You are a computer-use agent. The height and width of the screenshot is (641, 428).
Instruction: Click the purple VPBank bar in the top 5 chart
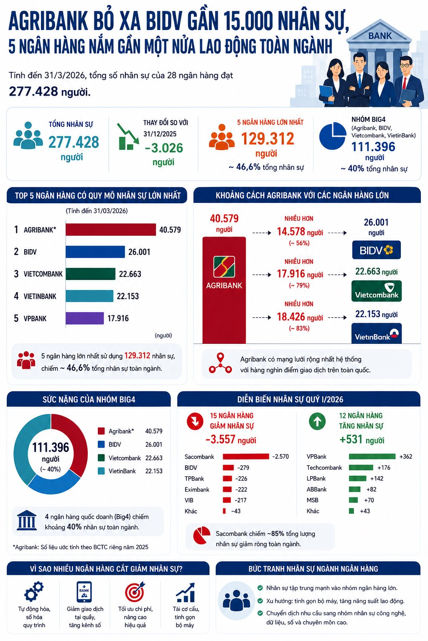coord(84,318)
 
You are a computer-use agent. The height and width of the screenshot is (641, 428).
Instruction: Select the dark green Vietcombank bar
coord(90,274)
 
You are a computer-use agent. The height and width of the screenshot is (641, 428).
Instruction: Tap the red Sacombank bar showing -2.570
coord(246,457)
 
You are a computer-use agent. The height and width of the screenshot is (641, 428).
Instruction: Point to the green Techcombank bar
coord(361,467)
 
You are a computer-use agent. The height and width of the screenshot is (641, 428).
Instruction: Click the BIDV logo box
coord(377,250)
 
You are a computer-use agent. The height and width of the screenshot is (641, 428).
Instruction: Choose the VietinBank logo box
coord(377,333)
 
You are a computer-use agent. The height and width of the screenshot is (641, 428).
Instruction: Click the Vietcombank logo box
coord(377,291)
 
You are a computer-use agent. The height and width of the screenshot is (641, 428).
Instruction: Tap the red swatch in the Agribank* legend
coord(101,431)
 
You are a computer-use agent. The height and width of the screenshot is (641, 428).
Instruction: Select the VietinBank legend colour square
coord(101,471)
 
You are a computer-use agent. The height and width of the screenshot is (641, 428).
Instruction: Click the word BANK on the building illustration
coord(380,36)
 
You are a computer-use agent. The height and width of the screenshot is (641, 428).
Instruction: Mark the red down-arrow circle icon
coord(195,421)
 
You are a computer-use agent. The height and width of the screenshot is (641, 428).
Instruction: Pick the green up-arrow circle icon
coord(317,421)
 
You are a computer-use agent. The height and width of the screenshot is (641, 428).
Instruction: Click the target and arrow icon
coord(135,591)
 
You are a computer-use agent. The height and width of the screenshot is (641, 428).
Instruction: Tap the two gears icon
coord(34,591)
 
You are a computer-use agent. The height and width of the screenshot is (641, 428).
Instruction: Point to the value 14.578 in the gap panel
coord(291,232)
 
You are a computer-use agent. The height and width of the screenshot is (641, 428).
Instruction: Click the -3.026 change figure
coord(164,148)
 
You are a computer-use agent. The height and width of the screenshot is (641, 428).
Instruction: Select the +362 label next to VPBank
coord(406,457)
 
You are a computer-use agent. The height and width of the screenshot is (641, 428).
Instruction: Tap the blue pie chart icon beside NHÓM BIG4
coord(333,136)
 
